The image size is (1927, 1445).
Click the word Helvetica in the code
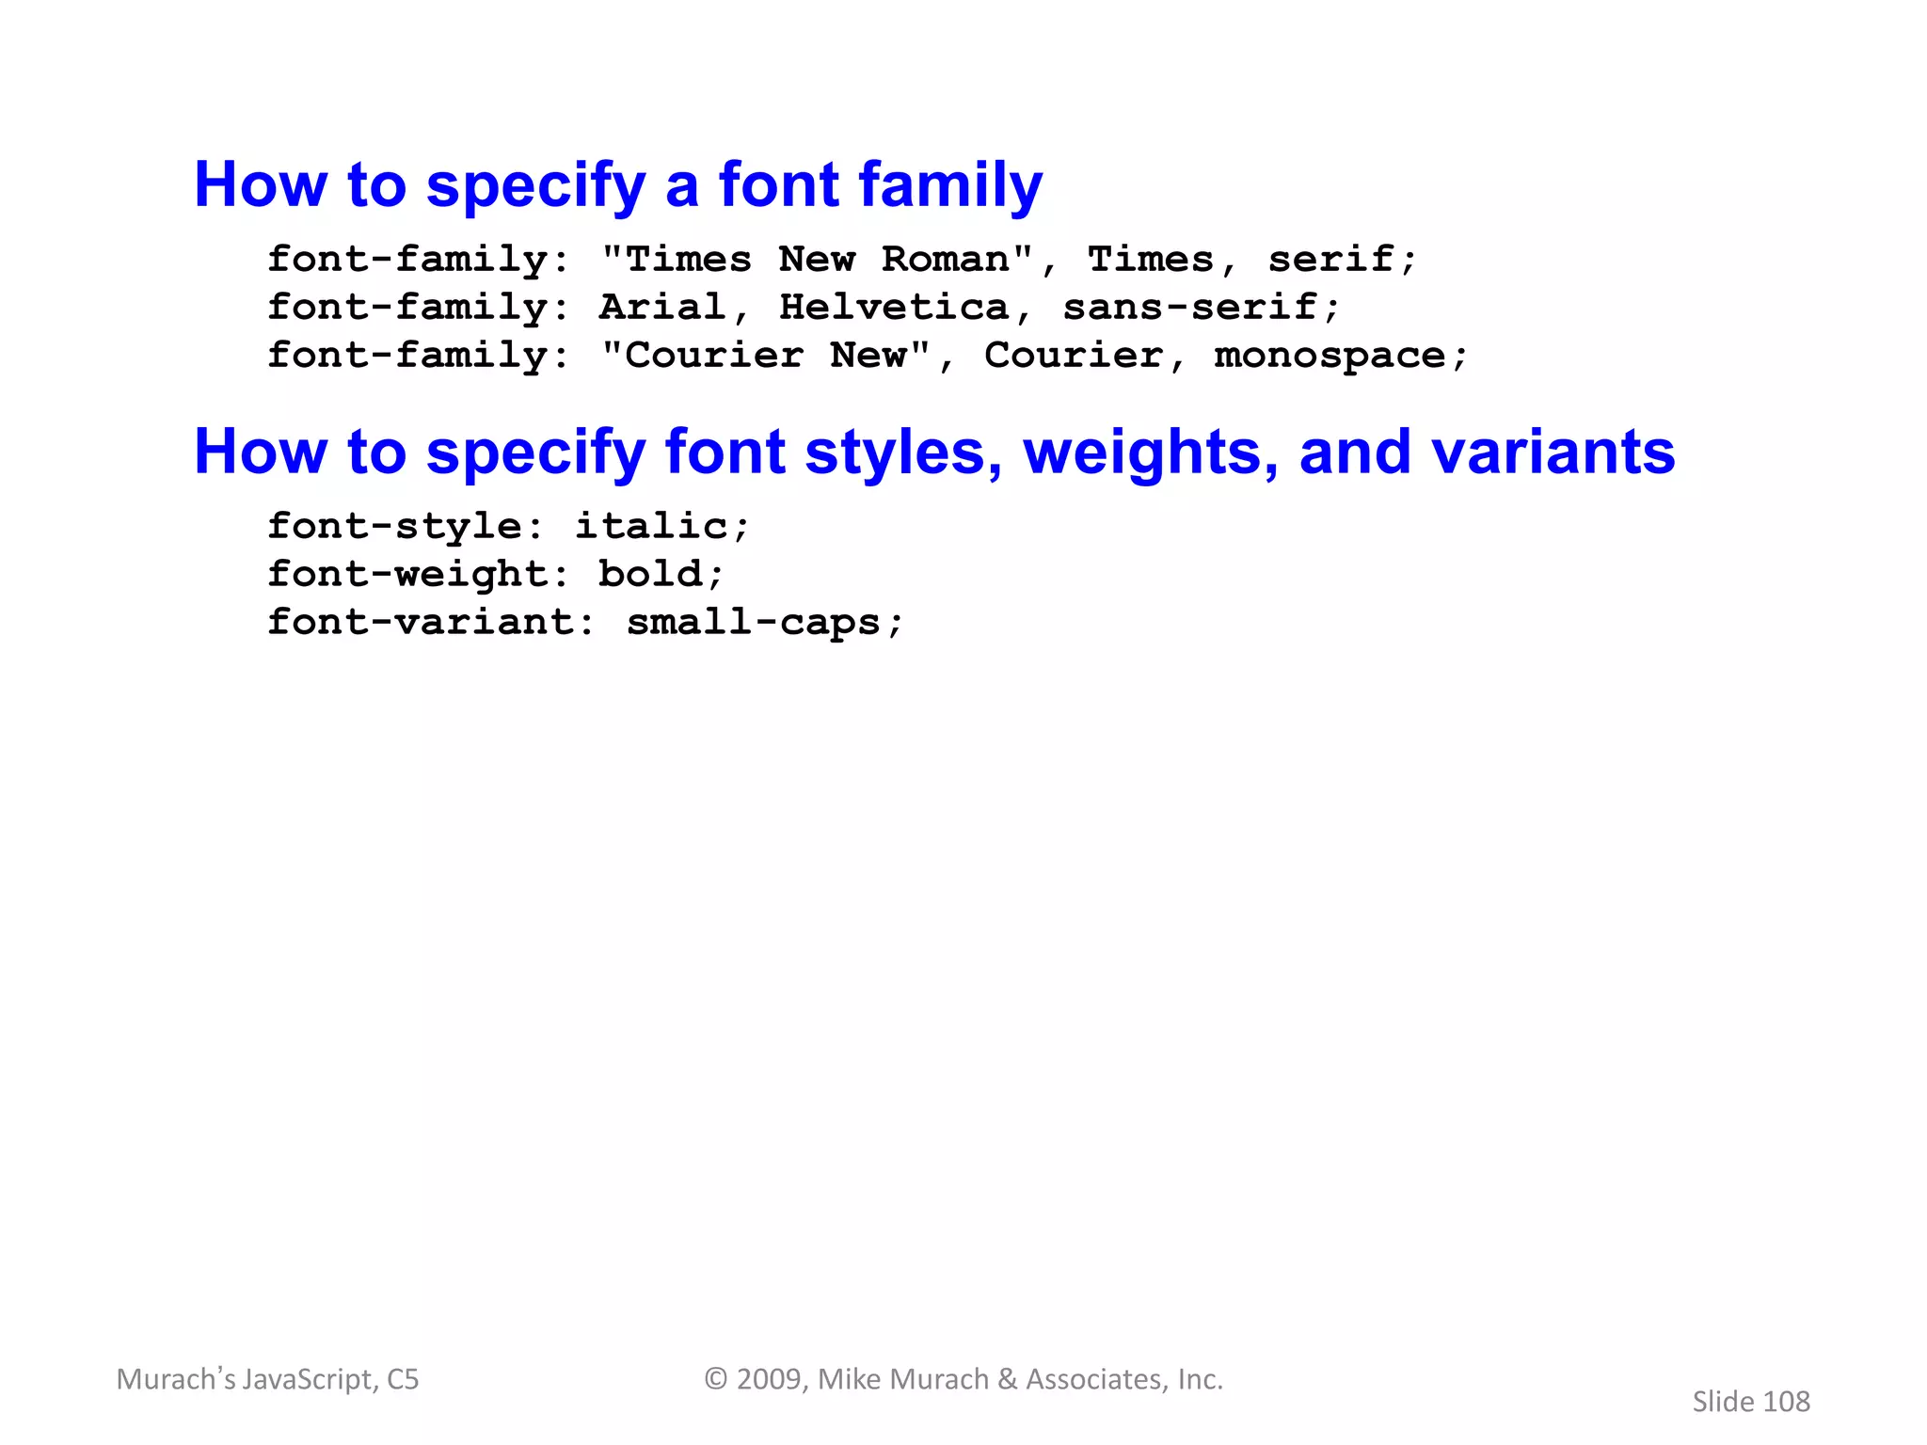893,308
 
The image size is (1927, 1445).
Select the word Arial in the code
661,308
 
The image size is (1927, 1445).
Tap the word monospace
1330,357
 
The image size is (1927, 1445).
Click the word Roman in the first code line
945,260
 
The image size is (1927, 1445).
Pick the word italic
651,527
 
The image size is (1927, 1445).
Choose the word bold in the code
650,575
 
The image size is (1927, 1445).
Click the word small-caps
753,623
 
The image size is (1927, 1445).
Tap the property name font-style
394,527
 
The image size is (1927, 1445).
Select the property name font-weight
406,575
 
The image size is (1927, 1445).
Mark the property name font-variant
420,623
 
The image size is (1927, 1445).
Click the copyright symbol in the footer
716,1379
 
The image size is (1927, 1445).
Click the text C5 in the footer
403,1379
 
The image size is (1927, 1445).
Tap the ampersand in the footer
1007,1379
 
